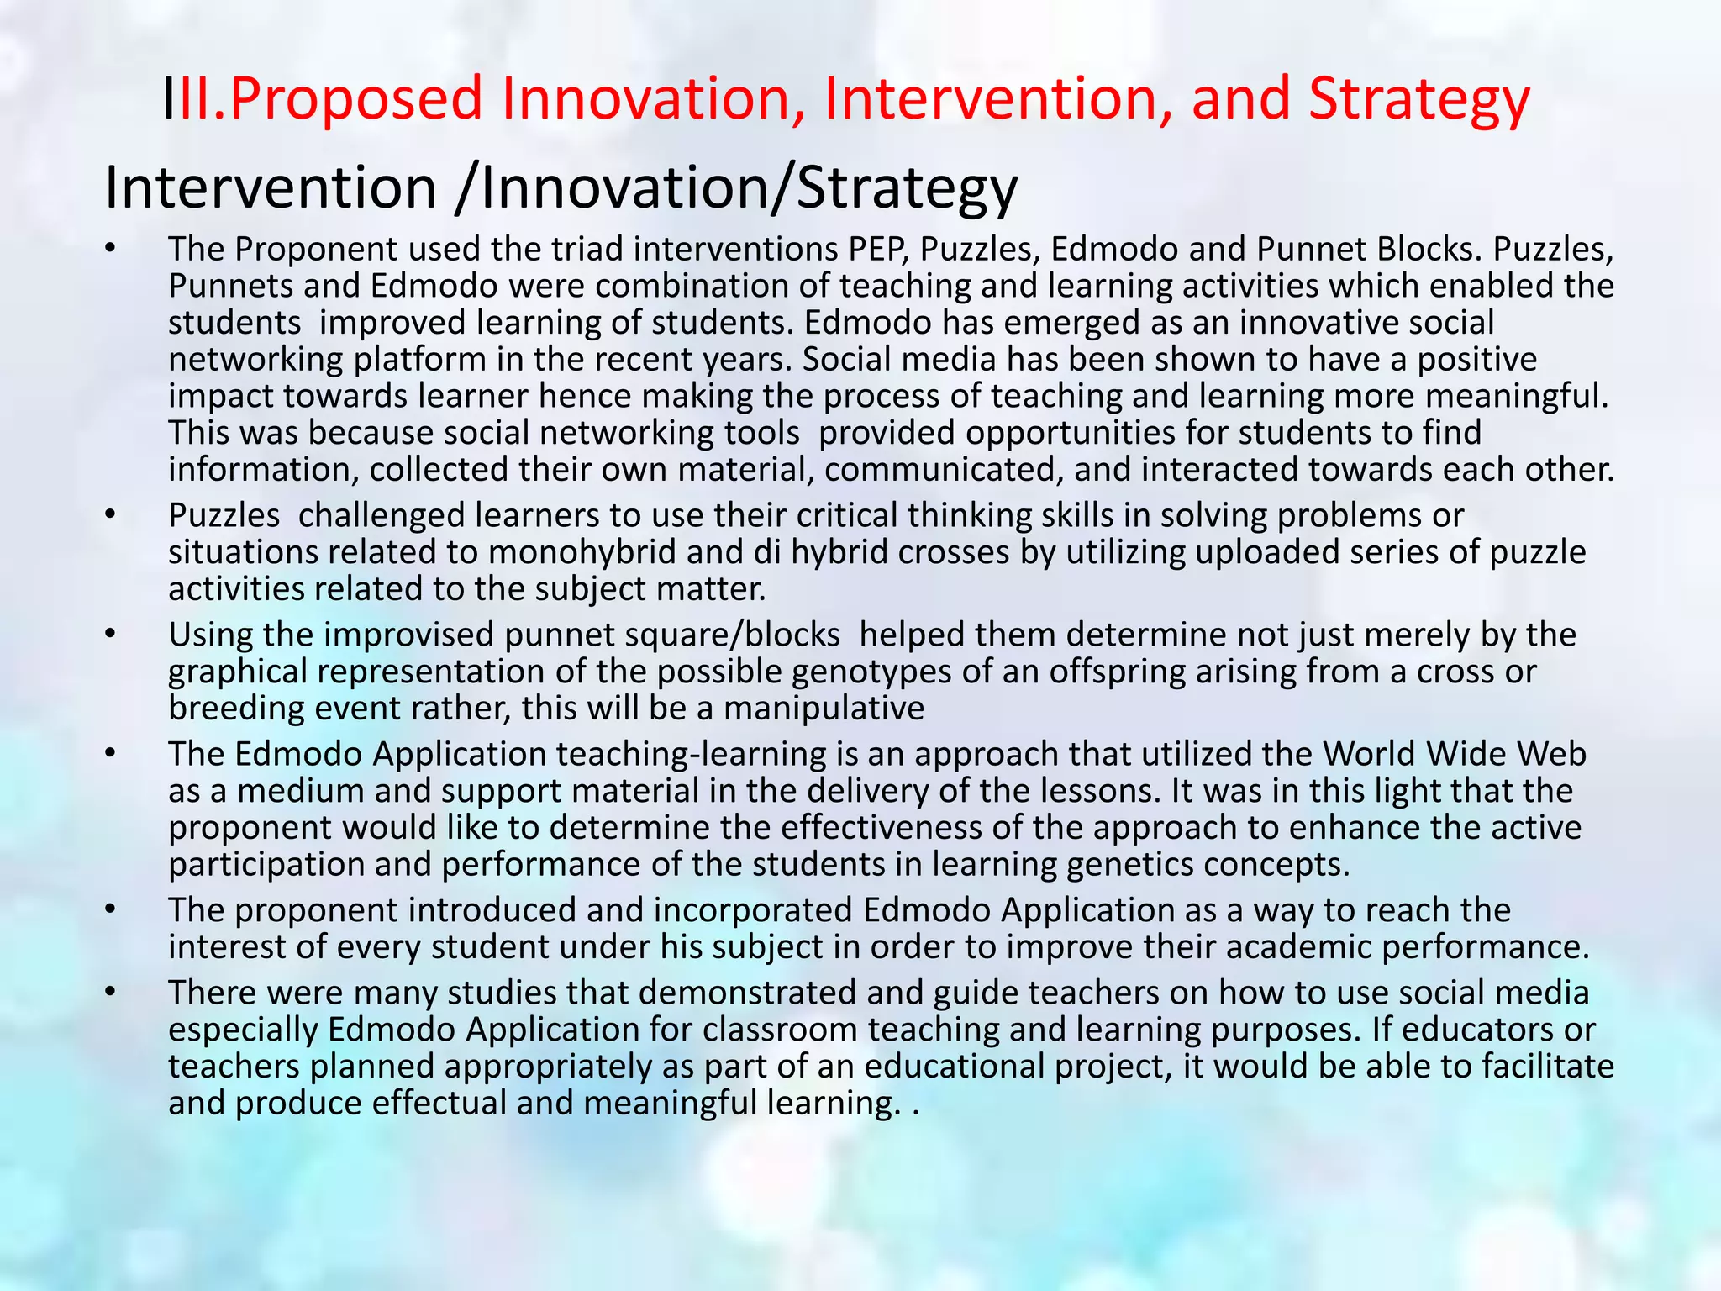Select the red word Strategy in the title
[x=1419, y=99]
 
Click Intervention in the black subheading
[x=270, y=187]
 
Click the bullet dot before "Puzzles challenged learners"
[x=109, y=514]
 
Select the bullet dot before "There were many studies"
[x=109, y=992]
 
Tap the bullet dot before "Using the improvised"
[x=109, y=634]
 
